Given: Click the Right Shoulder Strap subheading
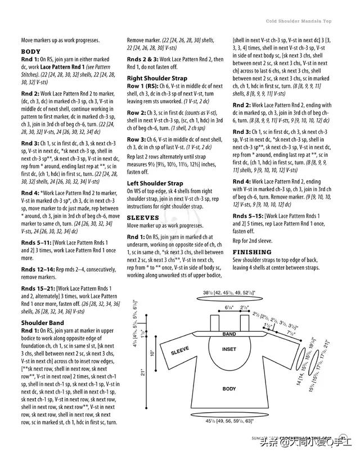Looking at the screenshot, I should pos(157,78).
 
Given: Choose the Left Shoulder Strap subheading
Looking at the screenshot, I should pos(155,183).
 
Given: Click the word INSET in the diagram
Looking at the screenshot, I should pos(229,349).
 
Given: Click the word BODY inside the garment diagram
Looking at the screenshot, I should pos(229,388).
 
